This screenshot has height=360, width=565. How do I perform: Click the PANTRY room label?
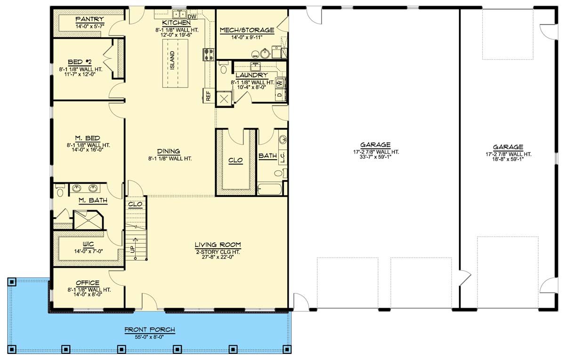coord(89,19)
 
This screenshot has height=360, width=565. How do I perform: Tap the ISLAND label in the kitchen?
coord(172,60)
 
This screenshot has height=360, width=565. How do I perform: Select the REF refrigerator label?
coord(208,96)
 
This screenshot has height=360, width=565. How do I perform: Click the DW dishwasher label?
coord(192,16)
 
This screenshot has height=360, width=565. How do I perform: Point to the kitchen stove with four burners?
coord(209,54)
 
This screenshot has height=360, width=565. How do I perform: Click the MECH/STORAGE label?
coord(247,30)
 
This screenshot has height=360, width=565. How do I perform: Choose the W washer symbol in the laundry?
coord(280,82)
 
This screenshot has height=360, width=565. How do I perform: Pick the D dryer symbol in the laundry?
coord(280,95)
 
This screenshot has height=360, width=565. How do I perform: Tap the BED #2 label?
coord(80,62)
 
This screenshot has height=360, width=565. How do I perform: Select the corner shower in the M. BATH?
coord(89,220)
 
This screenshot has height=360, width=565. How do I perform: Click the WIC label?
coord(89,245)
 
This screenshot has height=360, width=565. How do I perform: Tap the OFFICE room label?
coord(88,283)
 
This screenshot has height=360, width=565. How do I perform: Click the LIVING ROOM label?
coord(218,245)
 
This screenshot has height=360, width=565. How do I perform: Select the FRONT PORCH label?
coord(150,330)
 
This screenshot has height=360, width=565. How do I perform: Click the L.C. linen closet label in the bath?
coord(282,157)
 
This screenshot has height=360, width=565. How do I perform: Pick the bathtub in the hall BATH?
coord(270,189)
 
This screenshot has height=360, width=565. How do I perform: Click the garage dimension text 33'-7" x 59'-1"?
coord(376,157)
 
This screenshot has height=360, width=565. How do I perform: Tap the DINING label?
coord(169,151)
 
